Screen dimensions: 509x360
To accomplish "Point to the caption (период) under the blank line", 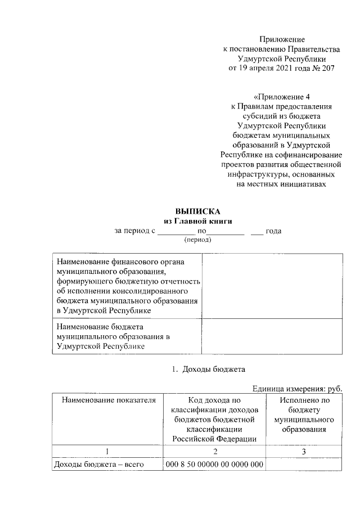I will click(197, 240).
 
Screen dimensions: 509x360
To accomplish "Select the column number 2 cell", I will click(214, 451).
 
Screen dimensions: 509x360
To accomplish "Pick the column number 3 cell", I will click(304, 451).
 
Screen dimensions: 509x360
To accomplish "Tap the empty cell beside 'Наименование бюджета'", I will click(272, 336).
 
